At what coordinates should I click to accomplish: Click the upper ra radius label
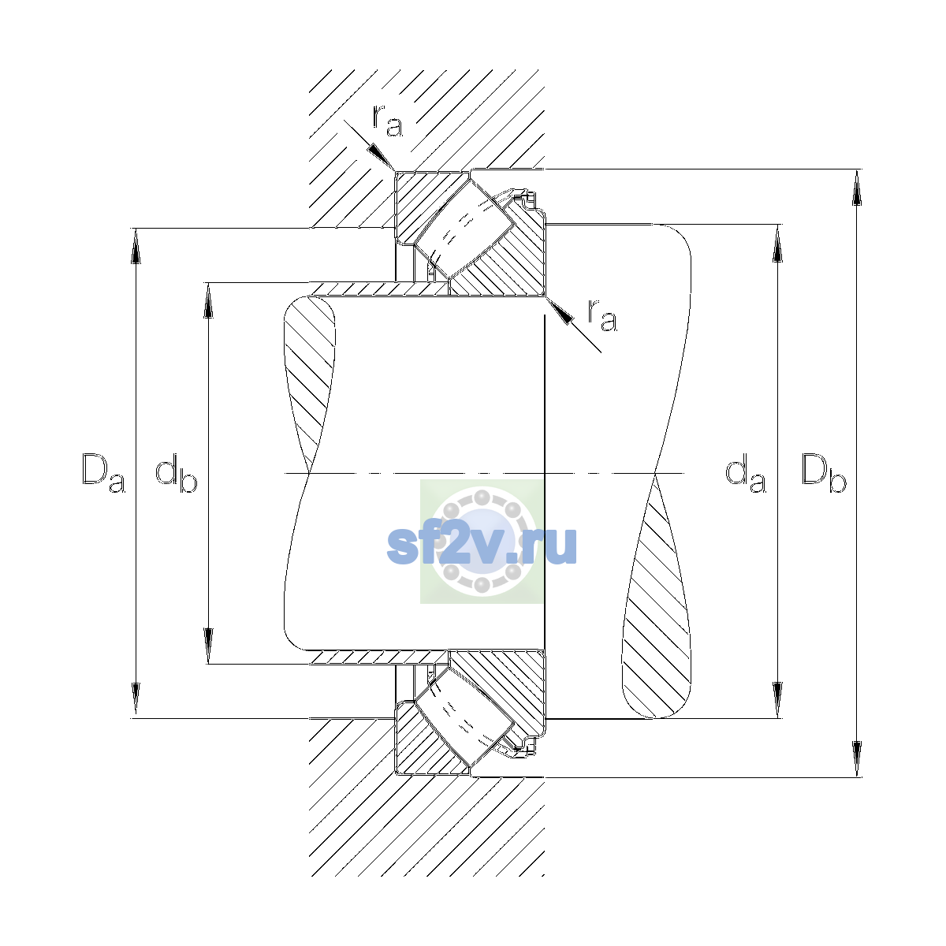(387, 121)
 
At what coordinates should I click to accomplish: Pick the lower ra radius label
(602, 315)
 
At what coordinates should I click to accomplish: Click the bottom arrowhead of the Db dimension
(857, 759)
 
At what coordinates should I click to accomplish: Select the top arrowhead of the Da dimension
(136, 246)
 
